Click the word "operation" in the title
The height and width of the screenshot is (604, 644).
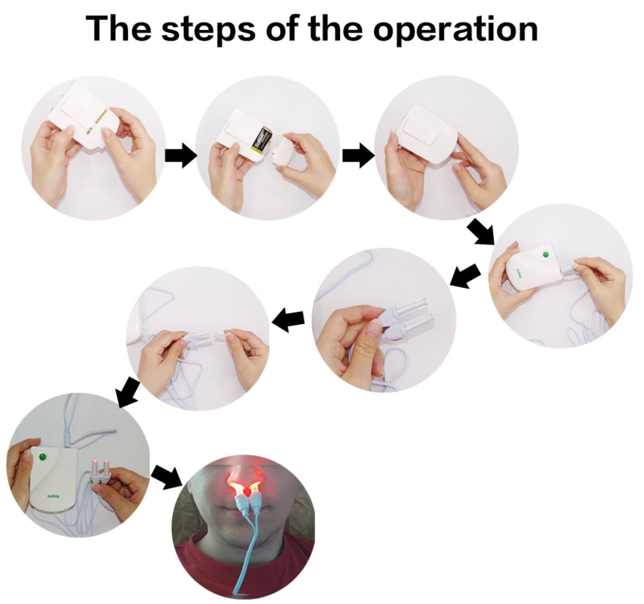point(455,28)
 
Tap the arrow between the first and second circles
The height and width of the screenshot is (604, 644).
point(180,156)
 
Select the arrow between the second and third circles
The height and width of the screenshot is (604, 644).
point(358,156)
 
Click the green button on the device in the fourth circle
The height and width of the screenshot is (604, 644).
point(546,255)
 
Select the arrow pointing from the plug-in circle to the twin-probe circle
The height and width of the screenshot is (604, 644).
point(466,275)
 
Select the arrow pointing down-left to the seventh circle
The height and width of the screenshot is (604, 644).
point(129,391)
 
